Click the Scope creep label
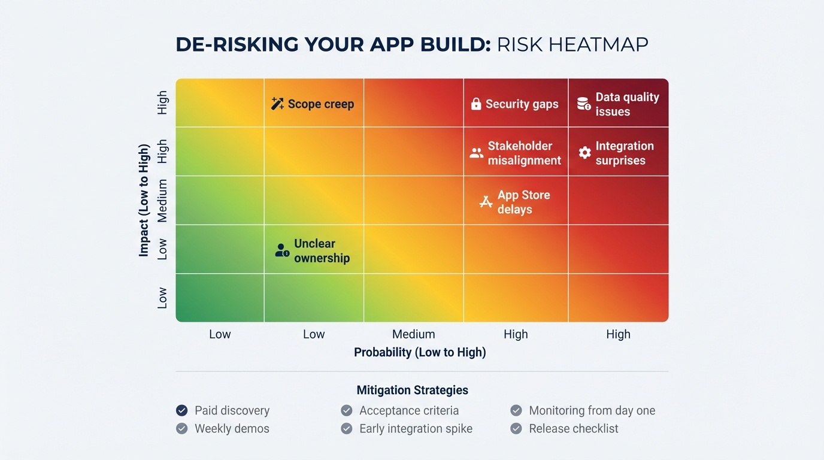click(320, 104)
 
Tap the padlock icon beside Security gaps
click(476, 104)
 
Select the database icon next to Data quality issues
click(584, 104)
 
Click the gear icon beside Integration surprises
click(584, 153)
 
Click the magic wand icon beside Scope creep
click(277, 104)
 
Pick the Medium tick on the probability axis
click(413, 334)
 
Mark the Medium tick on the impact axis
click(162, 201)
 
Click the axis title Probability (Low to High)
click(420, 353)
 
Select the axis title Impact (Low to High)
click(144, 200)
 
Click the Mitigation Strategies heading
click(413, 391)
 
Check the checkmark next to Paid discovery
click(182, 410)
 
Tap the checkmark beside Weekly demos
click(182, 429)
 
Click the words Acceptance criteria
click(409, 411)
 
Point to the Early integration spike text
click(416, 429)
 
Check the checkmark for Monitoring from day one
click(516, 410)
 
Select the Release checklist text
click(573, 429)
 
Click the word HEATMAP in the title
click(604, 45)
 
